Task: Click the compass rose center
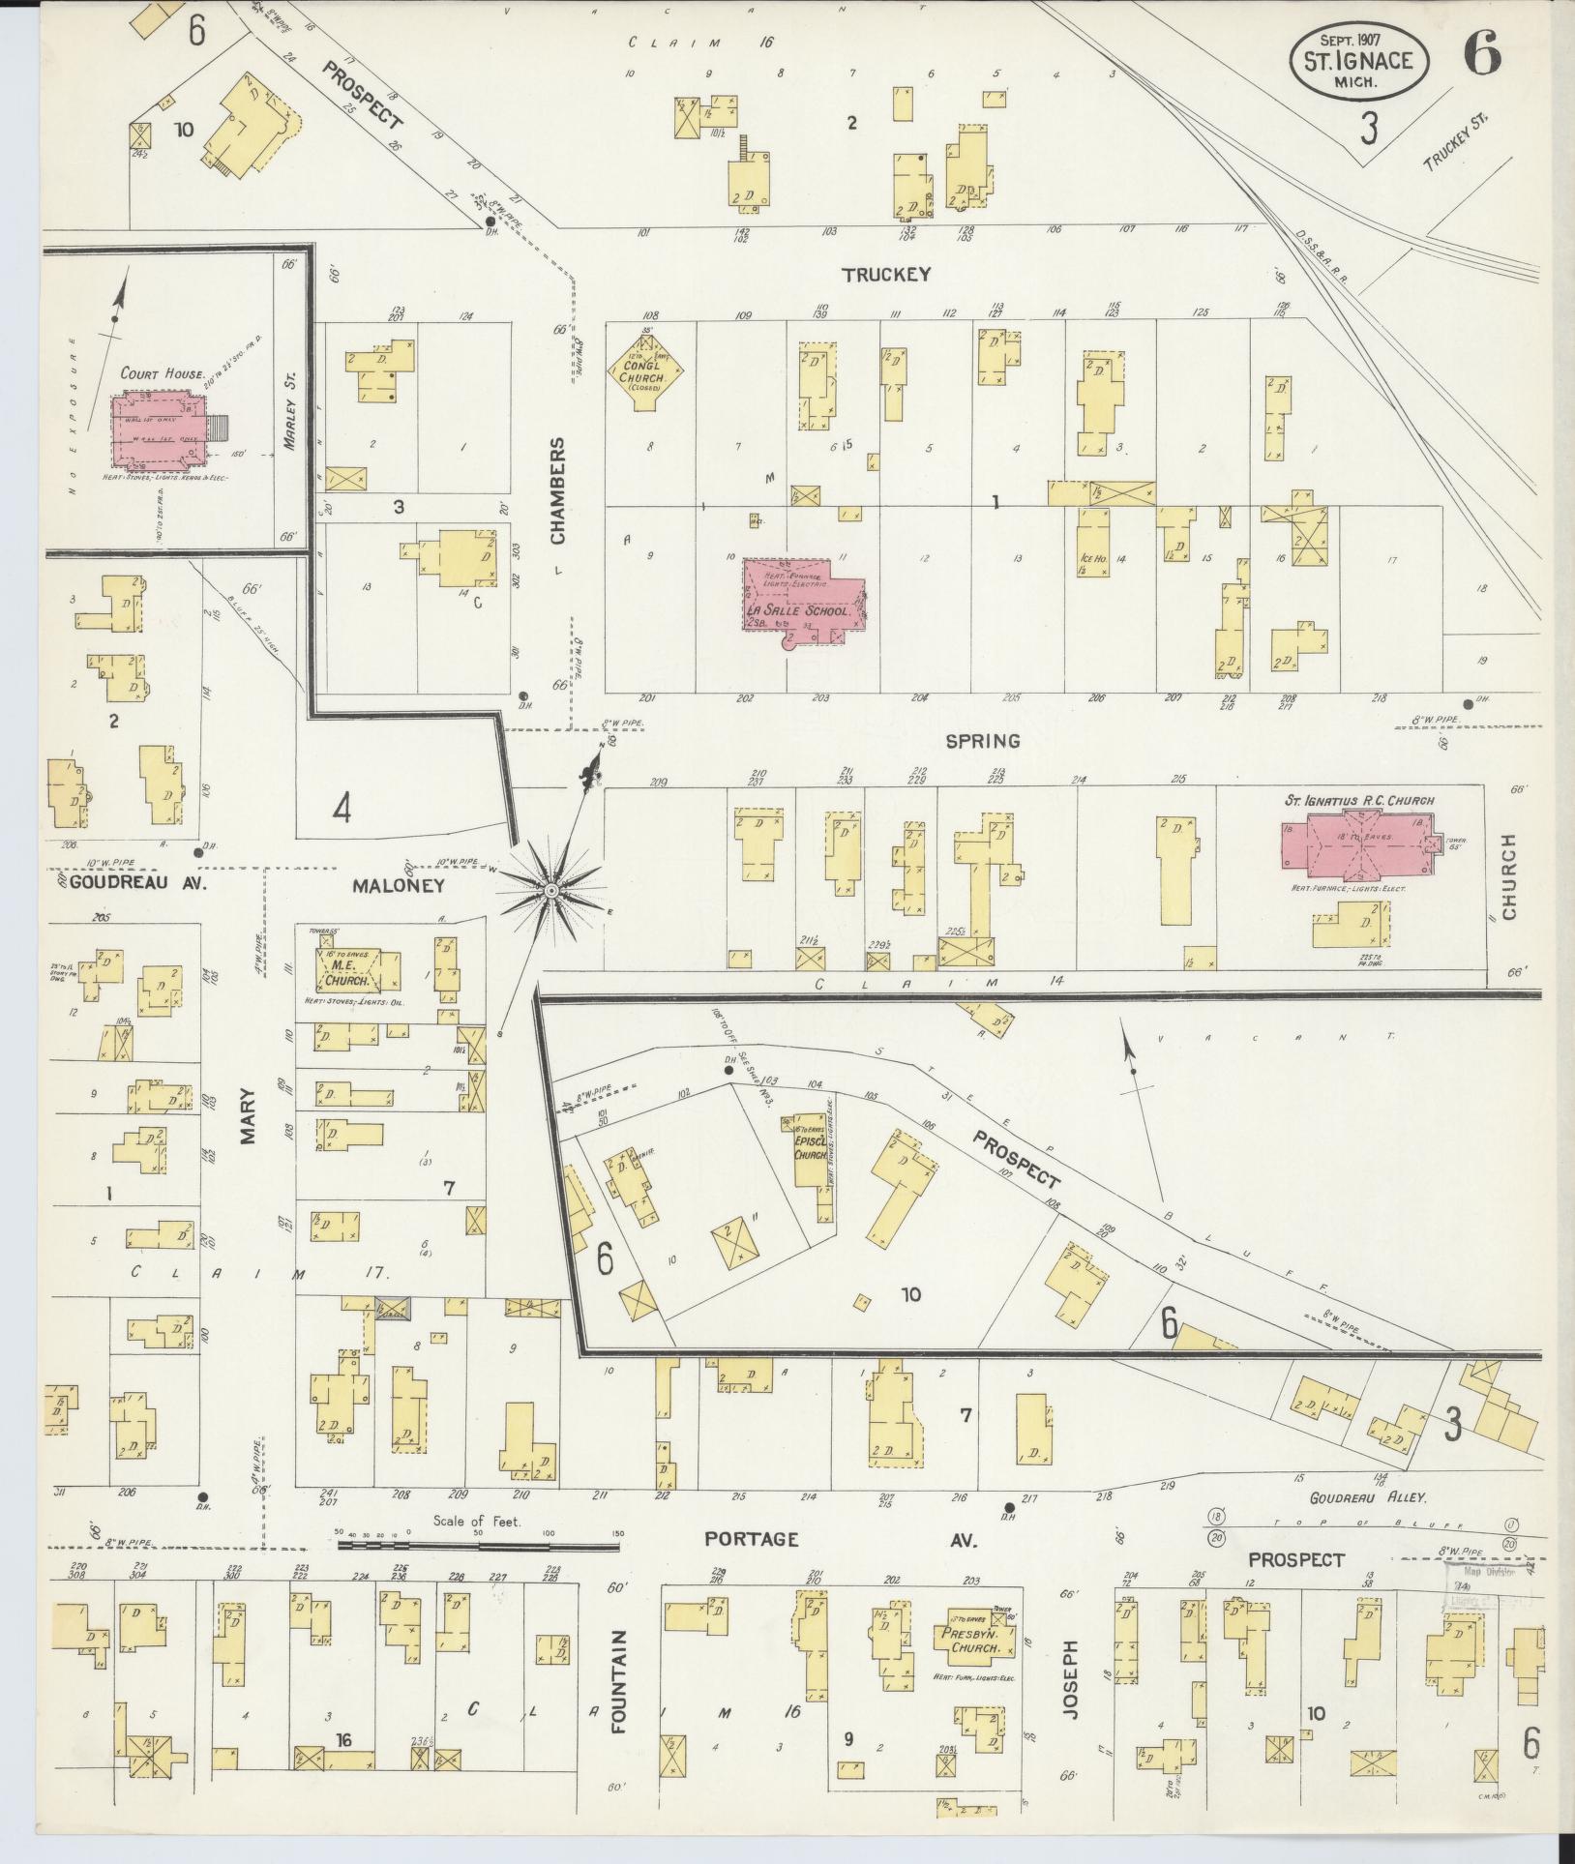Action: (x=550, y=891)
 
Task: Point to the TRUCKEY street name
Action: (x=885, y=275)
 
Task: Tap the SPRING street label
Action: (x=983, y=741)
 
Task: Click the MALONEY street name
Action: (x=399, y=884)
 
